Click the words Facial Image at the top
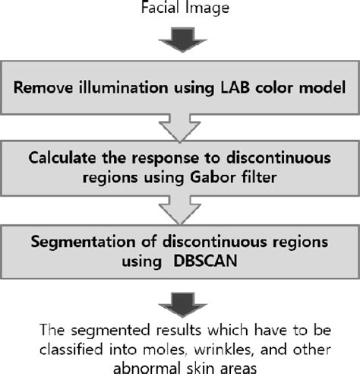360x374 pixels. (x=179, y=9)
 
